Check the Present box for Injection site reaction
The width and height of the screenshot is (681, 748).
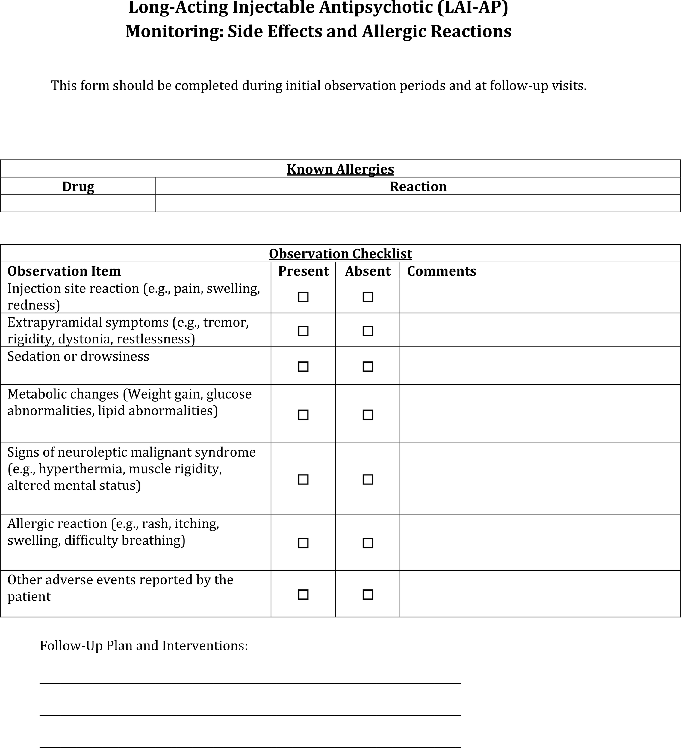click(303, 297)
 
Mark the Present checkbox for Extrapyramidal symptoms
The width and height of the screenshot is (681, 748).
click(303, 331)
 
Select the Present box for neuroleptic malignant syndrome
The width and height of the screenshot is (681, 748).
click(303, 479)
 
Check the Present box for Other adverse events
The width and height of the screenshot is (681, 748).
click(303, 595)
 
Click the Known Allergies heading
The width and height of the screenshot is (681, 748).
click(340, 169)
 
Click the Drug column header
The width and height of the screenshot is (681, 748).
click(78, 186)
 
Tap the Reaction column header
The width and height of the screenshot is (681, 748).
click(418, 186)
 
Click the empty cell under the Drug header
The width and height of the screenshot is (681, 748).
click(78, 203)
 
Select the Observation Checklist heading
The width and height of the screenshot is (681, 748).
click(340, 254)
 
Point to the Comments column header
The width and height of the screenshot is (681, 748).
click(441, 271)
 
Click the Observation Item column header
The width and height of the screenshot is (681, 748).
click(64, 271)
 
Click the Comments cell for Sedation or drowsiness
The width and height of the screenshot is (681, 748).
click(540, 366)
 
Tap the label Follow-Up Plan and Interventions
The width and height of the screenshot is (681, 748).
click(144, 646)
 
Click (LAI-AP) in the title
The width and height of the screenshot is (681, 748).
click(472, 8)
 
